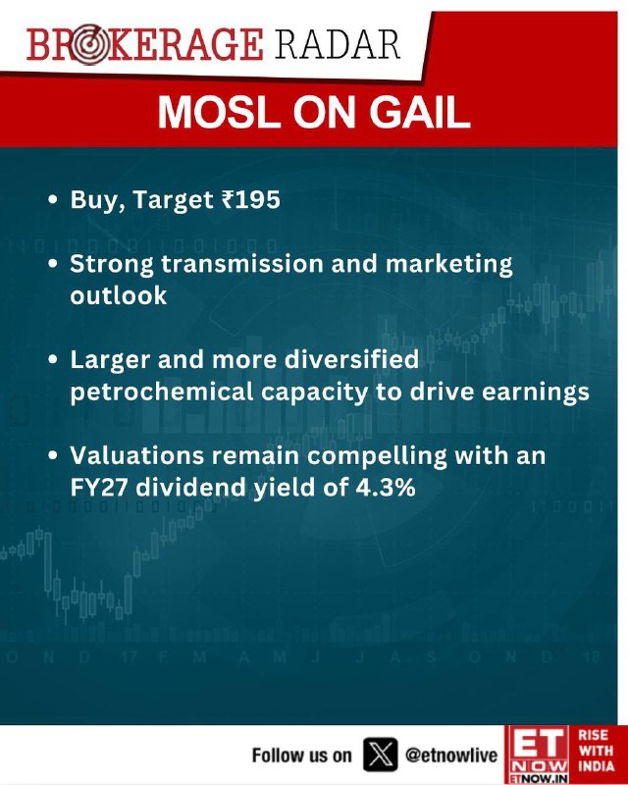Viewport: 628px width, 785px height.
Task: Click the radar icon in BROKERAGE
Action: point(88,45)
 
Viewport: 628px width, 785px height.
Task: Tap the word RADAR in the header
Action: point(337,45)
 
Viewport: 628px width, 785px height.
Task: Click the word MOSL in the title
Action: point(219,112)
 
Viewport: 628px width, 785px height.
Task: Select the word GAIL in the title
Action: point(420,112)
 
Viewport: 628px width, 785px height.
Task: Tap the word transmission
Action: point(242,263)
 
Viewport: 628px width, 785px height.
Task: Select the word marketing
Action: point(448,265)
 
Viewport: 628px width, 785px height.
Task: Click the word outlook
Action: point(118,295)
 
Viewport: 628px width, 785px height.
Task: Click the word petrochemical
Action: point(162,392)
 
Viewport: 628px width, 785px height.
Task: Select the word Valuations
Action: point(137,455)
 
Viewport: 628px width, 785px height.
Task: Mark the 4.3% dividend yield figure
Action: point(385,488)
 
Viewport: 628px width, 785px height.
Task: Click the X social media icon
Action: point(380,755)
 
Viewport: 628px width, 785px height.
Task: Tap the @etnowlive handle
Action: point(451,755)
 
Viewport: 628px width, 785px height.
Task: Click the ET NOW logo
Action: point(539,755)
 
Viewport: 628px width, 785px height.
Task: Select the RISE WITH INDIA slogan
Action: point(597,751)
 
